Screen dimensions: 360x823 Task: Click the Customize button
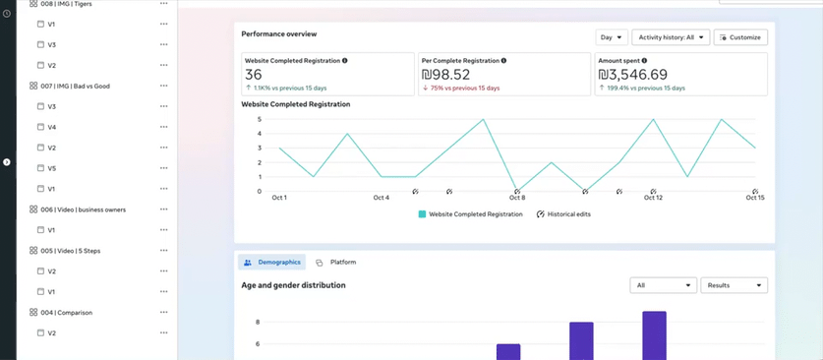click(740, 37)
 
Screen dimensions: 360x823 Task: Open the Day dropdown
click(611, 37)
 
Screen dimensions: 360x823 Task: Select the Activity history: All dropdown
click(670, 37)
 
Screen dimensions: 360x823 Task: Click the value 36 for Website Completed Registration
click(254, 75)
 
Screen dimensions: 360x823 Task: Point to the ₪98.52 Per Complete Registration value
click(445, 75)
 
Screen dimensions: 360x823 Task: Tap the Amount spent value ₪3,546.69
click(633, 75)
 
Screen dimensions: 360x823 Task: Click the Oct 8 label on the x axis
click(516, 198)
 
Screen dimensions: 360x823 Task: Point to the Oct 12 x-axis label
click(653, 198)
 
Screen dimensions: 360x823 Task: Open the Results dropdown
click(734, 285)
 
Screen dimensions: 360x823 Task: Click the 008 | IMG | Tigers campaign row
click(73, 4)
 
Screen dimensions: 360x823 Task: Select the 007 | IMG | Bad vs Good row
click(75, 86)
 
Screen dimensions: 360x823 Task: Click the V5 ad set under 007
click(52, 168)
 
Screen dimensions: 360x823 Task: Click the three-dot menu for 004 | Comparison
click(163, 313)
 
